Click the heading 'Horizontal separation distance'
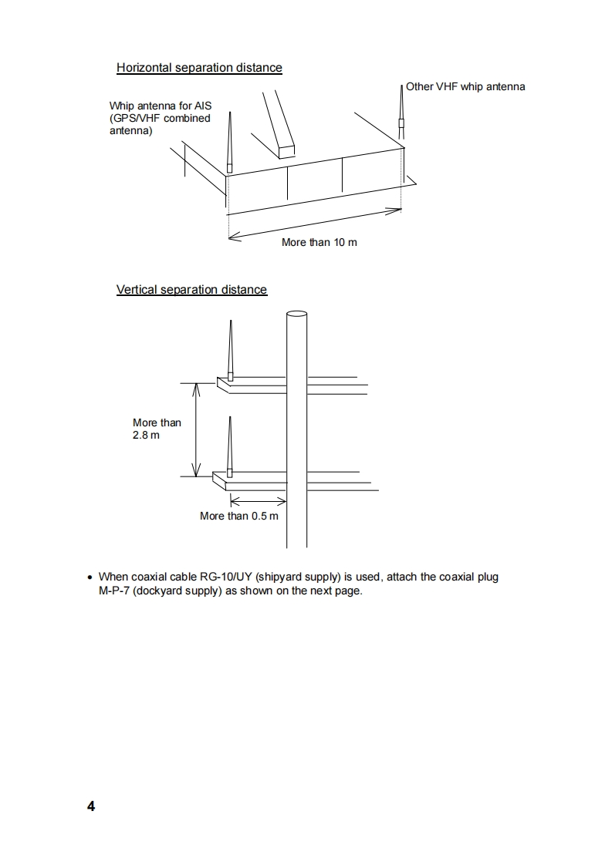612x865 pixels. click(x=199, y=68)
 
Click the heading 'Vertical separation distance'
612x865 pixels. click(x=191, y=290)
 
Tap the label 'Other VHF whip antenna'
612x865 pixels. click(x=465, y=86)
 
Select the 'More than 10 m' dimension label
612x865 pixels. click(x=319, y=242)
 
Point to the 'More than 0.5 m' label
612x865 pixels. click(x=238, y=516)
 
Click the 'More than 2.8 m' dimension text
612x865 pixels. click(x=156, y=429)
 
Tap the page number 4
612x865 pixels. click(x=91, y=806)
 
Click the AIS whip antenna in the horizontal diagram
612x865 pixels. click(x=229, y=146)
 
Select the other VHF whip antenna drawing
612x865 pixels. click(x=401, y=116)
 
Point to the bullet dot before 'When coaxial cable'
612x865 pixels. click(x=90, y=577)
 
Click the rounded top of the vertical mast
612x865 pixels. click(x=296, y=314)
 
